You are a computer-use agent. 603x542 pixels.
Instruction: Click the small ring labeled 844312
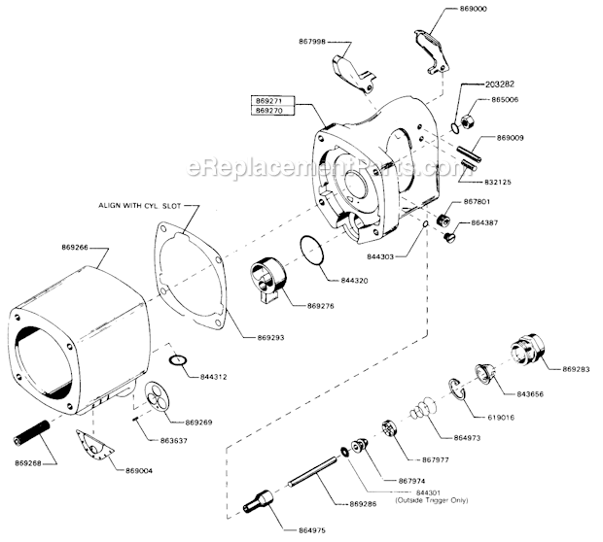click(176, 363)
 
